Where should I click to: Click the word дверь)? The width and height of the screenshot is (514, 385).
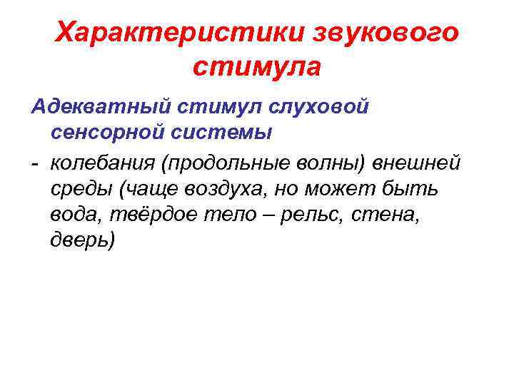point(81,241)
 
